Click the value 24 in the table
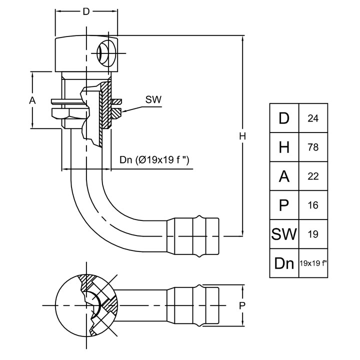tap(313, 118)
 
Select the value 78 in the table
tap(313, 147)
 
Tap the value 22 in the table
tap(313, 176)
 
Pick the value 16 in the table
tap(313, 205)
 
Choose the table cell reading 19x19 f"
tap(313, 262)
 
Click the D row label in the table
tap(284, 118)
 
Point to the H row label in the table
tap(284, 147)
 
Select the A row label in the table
tap(284, 176)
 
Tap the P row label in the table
tap(284, 205)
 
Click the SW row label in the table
tap(284, 233)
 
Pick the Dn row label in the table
tap(284, 262)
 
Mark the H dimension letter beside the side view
tap(242, 136)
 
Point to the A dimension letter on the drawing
tap(32, 100)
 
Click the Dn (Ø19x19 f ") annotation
tap(157, 160)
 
